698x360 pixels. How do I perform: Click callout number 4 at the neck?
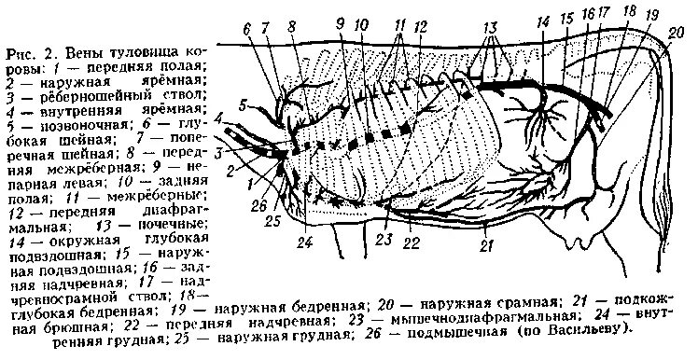[x=217, y=119]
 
